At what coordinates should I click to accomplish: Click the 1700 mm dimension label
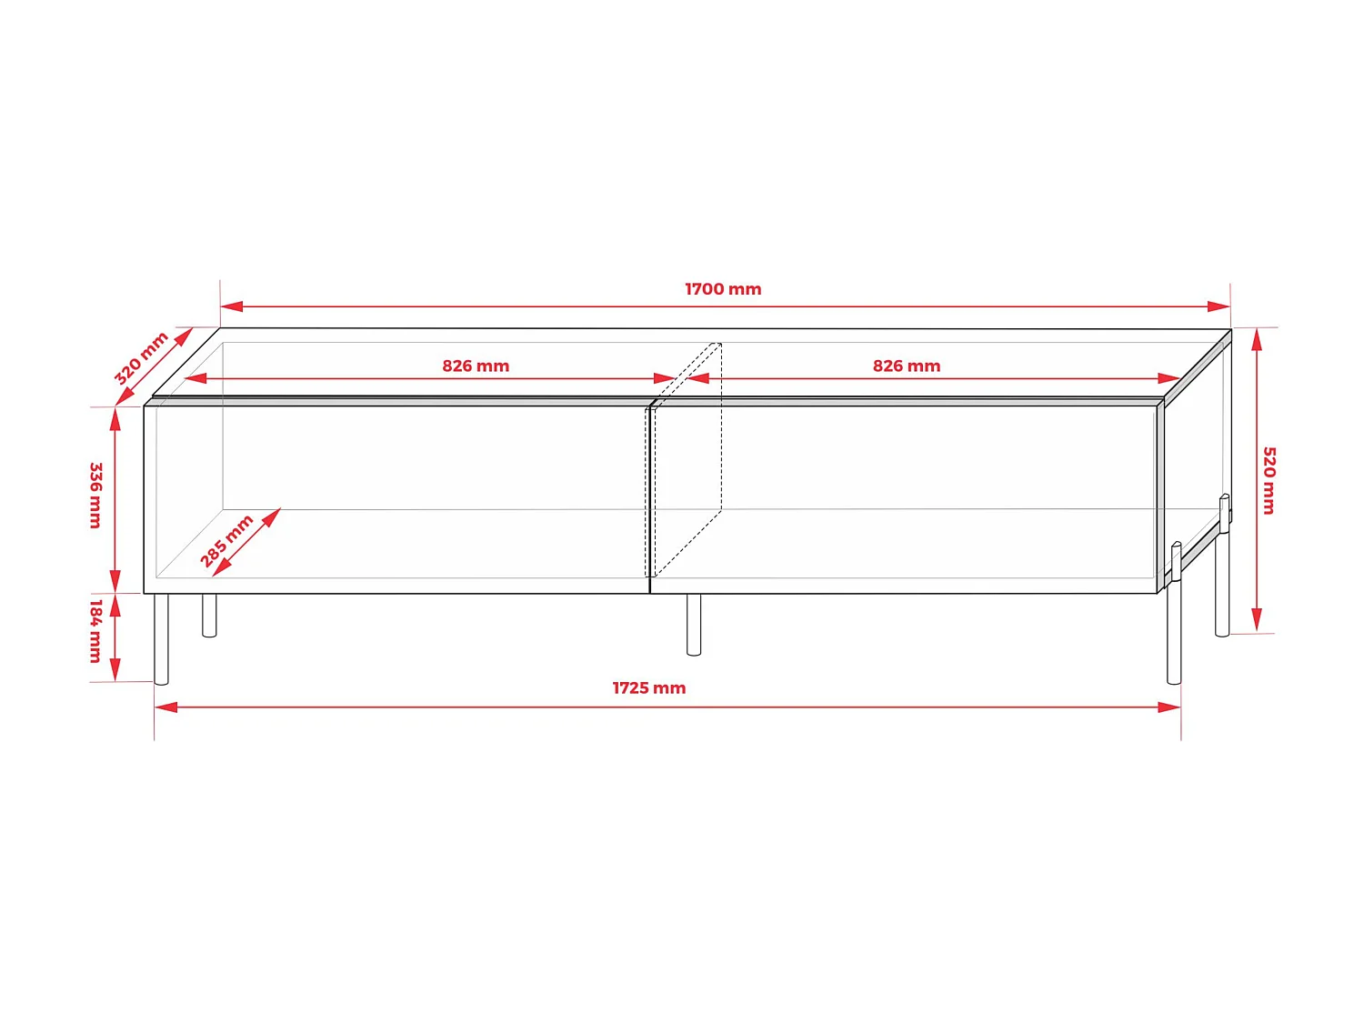click(723, 289)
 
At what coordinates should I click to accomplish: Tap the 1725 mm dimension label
click(648, 688)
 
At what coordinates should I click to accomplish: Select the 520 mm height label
click(1269, 480)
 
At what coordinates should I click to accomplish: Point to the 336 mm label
click(95, 495)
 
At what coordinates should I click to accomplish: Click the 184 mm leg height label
click(95, 630)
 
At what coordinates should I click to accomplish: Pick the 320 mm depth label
click(141, 357)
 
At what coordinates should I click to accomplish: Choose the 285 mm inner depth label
click(226, 540)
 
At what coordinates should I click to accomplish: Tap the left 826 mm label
click(476, 366)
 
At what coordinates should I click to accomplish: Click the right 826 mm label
click(907, 366)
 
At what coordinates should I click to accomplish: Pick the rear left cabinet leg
click(209, 616)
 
